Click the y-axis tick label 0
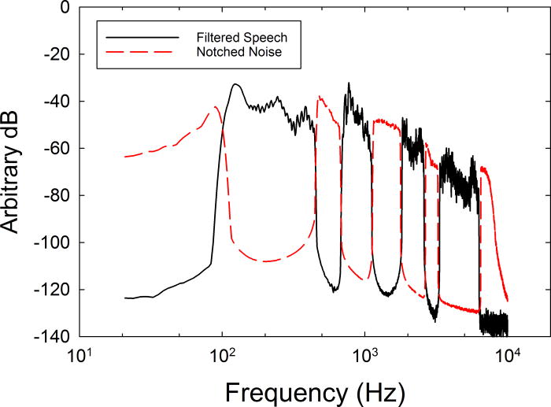pos(62,9)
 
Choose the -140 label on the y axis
pos(50,336)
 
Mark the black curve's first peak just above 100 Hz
pos(235,84)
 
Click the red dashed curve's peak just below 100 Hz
pos(213,107)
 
